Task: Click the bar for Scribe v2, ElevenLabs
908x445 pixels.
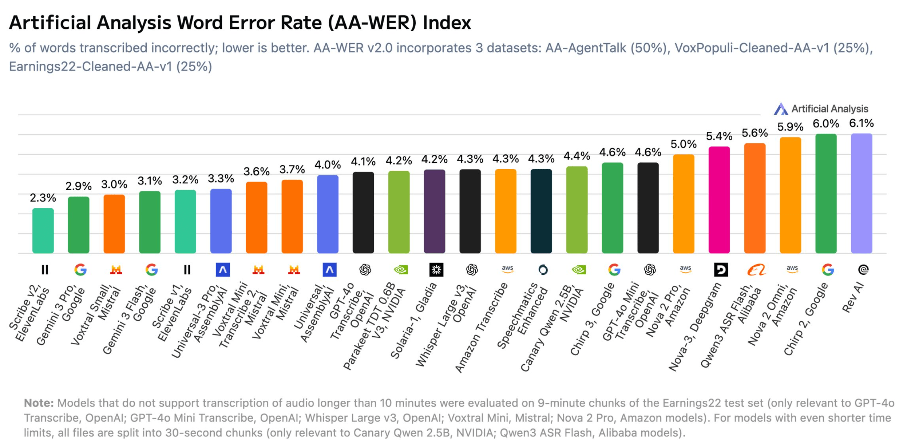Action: click(x=43, y=230)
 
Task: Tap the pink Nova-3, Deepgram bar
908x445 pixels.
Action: click(x=719, y=200)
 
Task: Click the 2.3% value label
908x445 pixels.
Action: click(x=43, y=198)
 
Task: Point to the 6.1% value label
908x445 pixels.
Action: click(x=861, y=123)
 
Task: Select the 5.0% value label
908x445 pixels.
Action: click(x=683, y=144)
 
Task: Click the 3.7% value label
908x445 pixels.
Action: click(x=292, y=169)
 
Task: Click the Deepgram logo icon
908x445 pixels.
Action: click(x=721, y=269)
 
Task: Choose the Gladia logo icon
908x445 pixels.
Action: click(x=436, y=269)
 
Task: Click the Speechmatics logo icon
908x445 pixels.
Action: click(x=543, y=269)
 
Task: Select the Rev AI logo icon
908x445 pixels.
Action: click(x=863, y=269)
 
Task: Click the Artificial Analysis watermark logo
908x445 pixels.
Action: click(x=780, y=109)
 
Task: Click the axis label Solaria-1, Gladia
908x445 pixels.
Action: click(x=414, y=320)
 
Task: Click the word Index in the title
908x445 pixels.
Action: click(x=447, y=23)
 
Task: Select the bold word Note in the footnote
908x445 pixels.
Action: click(x=38, y=403)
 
